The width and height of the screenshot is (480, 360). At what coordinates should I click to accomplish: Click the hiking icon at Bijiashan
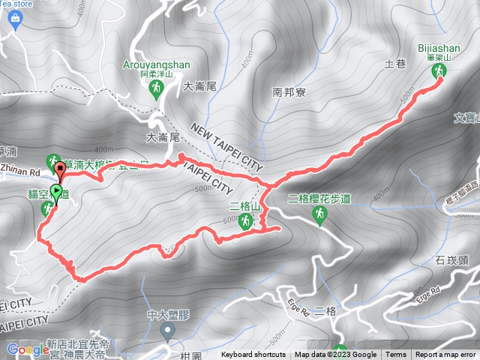[x=439, y=72]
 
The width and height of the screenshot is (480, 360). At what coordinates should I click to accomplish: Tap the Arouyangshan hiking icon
[x=156, y=89]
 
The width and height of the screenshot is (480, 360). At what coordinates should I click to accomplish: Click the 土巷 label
[x=395, y=65]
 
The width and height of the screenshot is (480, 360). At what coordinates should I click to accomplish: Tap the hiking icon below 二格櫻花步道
[x=320, y=216]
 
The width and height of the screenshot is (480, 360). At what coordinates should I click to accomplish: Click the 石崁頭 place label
[x=451, y=261]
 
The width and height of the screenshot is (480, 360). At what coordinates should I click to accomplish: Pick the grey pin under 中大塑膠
[x=166, y=330]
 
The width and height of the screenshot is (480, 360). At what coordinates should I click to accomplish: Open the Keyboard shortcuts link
[x=253, y=355]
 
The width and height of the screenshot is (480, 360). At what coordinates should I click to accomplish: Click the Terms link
[x=396, y=355]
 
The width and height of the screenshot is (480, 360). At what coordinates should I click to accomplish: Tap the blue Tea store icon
[x=15, y=21]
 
